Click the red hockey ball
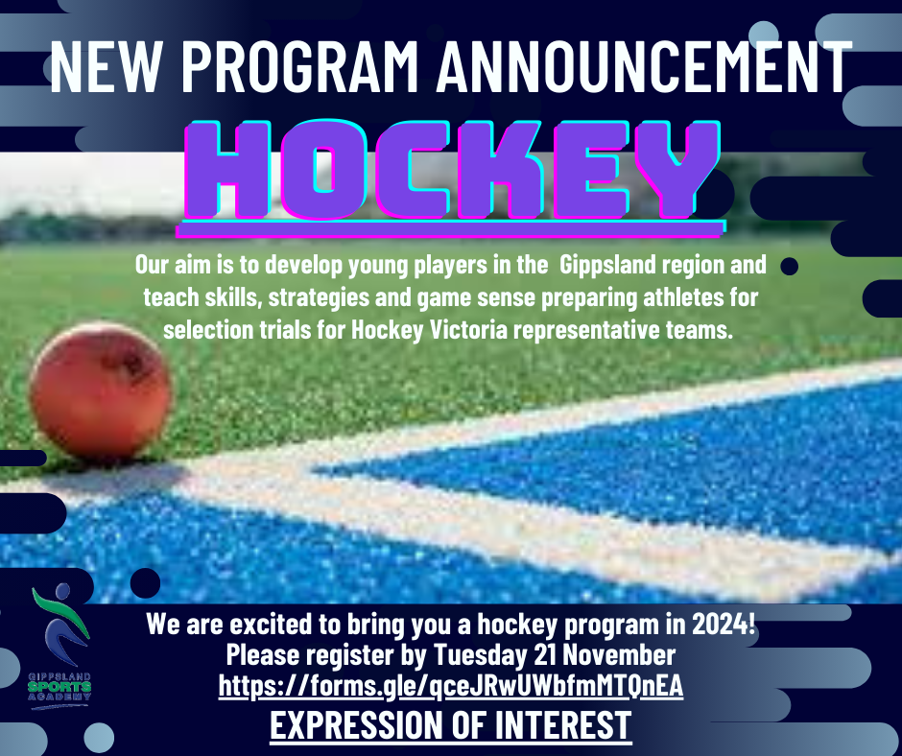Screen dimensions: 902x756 click(x=101, y=392)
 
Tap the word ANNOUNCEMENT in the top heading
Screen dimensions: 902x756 click(x=644, y=66)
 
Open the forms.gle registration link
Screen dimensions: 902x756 click(x=451, y=686)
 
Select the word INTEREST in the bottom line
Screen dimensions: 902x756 click(x=562, y=725)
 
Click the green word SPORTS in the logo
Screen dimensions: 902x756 click(x=59, y=687)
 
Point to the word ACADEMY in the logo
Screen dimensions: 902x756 click(x=59, y=697)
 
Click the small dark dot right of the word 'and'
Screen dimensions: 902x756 click(x=789, y=267)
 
